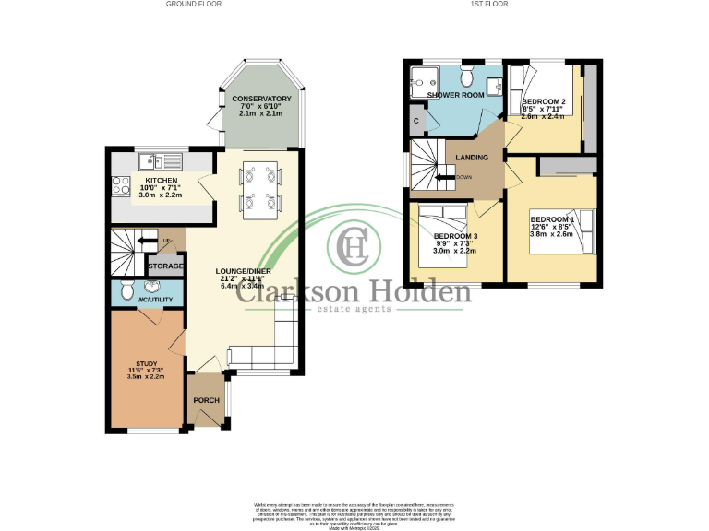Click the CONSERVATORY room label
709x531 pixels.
tap(262, 99)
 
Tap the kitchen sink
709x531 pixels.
tap(150, 159)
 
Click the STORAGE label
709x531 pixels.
tap(166, 265)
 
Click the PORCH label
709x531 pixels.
tap(206, 400)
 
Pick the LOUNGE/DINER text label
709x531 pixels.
tap(246, 271)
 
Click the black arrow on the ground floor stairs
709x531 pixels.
tap(145, 242)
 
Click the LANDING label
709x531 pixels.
tap(472, 158)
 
